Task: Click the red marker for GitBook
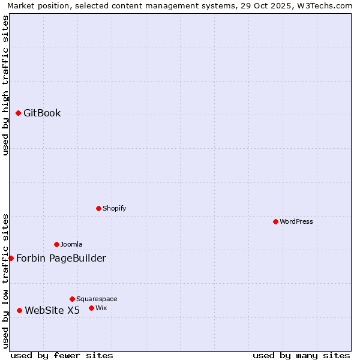18,113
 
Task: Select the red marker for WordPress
275,221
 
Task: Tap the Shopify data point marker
98,208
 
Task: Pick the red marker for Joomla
56,244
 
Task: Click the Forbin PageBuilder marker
11,258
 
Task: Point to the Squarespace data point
72,299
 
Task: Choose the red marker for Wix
91,308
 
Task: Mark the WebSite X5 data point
19,310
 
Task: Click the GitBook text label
42,113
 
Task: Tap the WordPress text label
296,221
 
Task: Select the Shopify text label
114,208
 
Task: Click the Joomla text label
71,244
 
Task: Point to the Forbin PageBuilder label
61,259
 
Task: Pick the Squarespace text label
97,299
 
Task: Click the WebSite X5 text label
52,311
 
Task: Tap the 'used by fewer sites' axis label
62,355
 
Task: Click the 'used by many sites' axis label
301,355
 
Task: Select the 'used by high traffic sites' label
5,85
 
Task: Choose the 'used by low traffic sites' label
5,281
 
